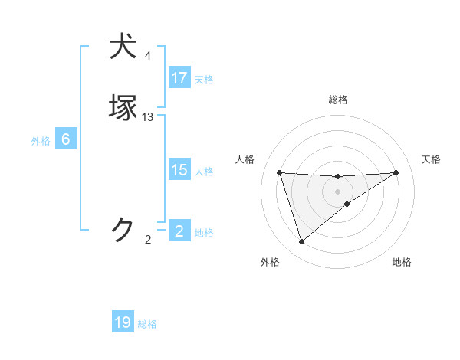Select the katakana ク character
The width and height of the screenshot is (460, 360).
(x=124, y=229)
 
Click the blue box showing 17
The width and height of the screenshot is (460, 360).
(x=179, y=78)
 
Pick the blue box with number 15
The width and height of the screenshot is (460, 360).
(x=179, y=170)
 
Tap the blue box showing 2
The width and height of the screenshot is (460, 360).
(x=179, y=231)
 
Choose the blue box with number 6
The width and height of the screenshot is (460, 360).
(x=65, y=139)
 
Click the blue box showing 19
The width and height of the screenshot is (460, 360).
(x=123, y=322)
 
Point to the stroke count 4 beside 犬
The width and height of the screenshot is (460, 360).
(x=148, y=56)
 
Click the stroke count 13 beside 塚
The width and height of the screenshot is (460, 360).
(x=148, y=117)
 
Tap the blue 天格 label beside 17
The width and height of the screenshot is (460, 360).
(x=204, y=79)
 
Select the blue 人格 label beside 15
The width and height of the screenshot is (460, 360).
(x=204, y=171)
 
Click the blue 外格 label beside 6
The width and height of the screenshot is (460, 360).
(x=40, y=140)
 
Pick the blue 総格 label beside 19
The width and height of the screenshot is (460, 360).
(x=147, y=324)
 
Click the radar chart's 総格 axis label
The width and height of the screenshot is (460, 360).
(x=337, y=100)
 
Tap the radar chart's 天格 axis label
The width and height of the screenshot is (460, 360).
(x=431, y=159)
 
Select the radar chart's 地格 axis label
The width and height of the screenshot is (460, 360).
(x=402, y=262)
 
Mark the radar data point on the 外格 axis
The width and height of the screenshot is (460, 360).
(x=301, y=242)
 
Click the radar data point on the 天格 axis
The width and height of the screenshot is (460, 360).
(x=396, y=172)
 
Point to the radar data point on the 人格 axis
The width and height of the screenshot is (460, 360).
(x=280, y=172)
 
